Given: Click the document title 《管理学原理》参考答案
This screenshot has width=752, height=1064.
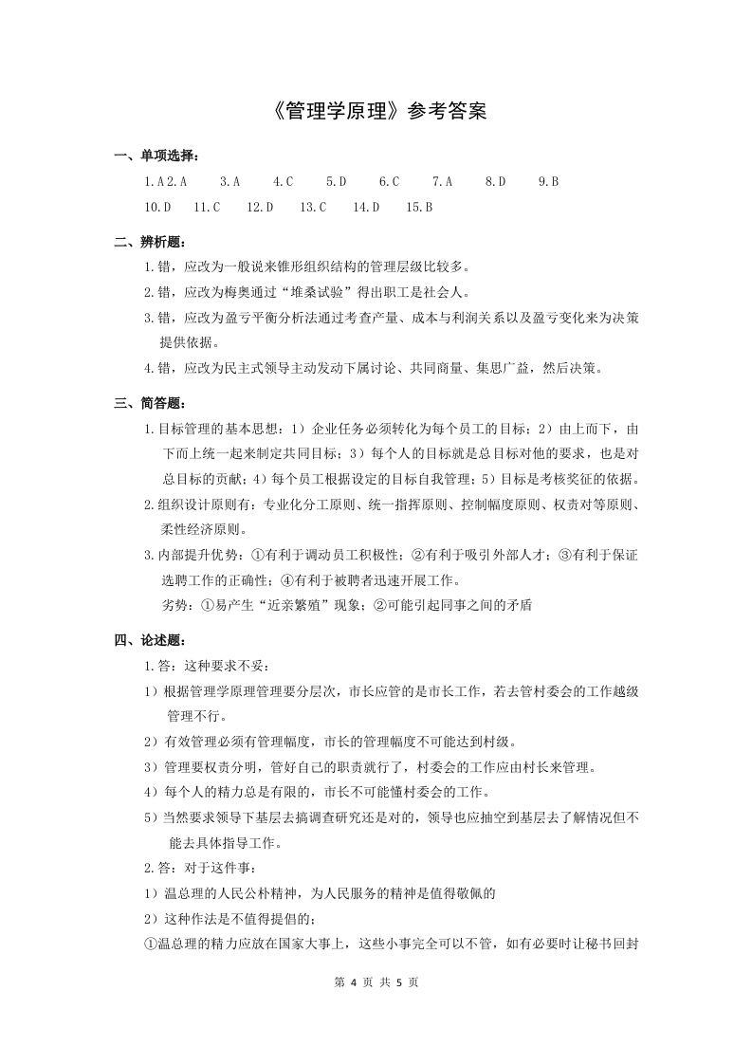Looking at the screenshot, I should coord(376,112).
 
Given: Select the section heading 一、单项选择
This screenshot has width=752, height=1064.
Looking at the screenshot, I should coord(156,156).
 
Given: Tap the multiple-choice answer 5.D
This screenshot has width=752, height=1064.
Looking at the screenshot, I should coord(336,180).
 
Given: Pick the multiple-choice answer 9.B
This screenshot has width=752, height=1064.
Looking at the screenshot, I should coord(548,180).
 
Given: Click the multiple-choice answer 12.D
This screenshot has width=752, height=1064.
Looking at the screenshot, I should coord(260,206).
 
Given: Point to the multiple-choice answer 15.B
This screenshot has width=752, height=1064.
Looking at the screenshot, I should coord(419,206).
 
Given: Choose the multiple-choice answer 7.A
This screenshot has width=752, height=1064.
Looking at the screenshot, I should coord(442,180).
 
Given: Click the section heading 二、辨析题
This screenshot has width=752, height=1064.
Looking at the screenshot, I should coord(150,242).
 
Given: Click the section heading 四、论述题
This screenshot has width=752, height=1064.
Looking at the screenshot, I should coord(150,641).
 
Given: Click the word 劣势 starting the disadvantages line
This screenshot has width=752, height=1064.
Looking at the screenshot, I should coord(177,605).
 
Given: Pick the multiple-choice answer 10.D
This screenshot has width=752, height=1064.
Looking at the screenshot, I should coord(156,206).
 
